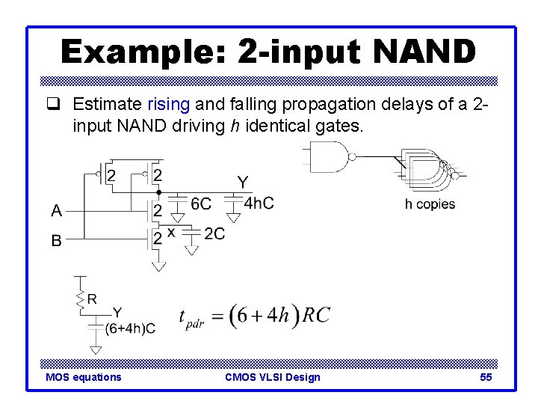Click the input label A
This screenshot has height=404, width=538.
coord(57,211)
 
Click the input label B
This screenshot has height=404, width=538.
coord(57,242)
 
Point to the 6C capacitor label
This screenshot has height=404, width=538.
coord(201,203)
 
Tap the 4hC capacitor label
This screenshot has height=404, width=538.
coord(259,203)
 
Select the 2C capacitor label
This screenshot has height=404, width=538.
coord(214,234)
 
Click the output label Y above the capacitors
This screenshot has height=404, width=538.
coord(243,182)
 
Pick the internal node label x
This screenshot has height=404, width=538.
coord(171,232)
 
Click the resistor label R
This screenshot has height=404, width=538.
coord(92,299)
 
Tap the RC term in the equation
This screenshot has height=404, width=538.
coord(315,315)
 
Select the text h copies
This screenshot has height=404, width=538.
coord(430,204)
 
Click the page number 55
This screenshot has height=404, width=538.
coord(486,377)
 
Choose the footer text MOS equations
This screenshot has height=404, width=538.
coord(83,377)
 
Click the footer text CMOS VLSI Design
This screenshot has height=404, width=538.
coord(272,377)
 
